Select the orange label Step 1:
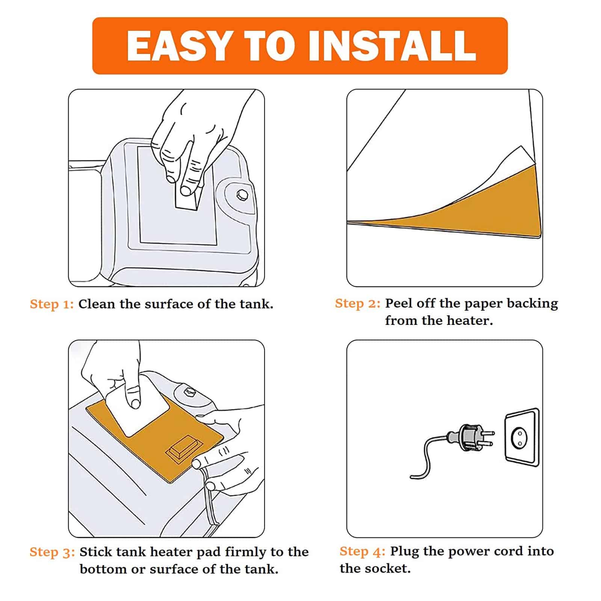click(52, 304)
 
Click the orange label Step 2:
click(358, 304)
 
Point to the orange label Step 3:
click(52, 552)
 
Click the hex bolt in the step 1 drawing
click(242, 195)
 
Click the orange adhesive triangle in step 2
click(470, 210)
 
